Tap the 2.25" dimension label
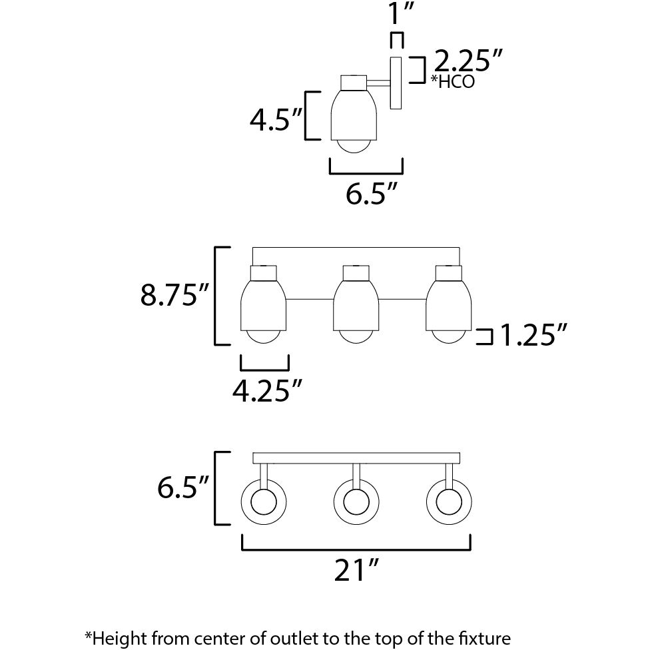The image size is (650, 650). coord(467,63)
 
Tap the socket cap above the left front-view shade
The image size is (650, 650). coord(263,272)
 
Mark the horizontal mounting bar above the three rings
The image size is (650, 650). coord(356,458)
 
